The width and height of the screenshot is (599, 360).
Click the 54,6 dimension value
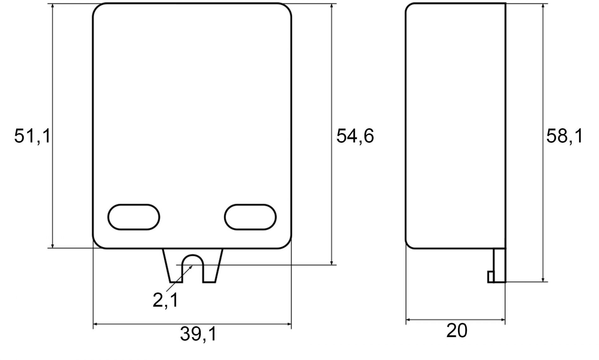(355, 136)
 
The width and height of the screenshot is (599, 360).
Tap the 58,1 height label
(564, 136)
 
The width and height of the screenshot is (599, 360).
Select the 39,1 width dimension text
(199, 333)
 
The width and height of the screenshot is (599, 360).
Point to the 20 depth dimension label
(457, 330)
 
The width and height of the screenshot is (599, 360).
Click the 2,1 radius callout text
(166, 300)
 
